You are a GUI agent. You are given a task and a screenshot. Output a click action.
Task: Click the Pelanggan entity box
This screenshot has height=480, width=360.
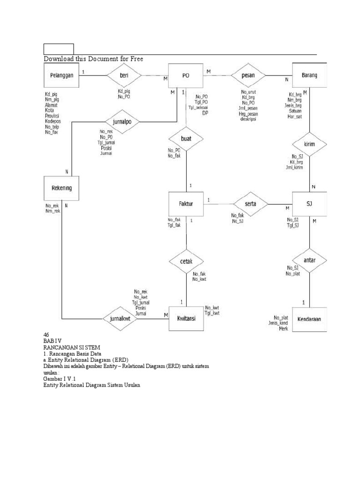[x=61, y=75]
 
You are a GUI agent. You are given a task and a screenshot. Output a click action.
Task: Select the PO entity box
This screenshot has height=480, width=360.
[x=186, y=75]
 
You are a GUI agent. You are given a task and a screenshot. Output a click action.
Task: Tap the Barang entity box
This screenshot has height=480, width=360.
[x=309, y=75]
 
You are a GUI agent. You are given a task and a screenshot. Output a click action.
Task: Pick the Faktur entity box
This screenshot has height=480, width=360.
[x=186, y=203]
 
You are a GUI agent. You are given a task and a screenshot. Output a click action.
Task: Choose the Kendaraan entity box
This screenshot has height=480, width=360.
[x=309, y=319]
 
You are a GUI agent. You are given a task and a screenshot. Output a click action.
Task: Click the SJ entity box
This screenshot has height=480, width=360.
[x=309, y=204]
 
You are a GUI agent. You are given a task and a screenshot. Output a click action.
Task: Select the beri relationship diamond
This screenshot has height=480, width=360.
[x=124, y=75]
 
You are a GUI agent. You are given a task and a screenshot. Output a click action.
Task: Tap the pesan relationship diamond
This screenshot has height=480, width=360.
[x=247, y=75]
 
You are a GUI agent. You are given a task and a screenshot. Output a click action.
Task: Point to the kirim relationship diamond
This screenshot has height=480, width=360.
[x=309, y=144]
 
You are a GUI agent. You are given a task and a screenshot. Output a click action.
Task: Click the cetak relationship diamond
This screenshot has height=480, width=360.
[x=186, y=261]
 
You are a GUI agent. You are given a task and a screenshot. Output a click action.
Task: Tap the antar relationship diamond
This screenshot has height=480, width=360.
[x=309, y=259]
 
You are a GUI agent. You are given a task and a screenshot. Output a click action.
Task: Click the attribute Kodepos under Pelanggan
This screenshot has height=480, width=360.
[x=53, y=121]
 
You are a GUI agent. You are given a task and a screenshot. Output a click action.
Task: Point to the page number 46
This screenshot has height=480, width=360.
[x=46, y=334]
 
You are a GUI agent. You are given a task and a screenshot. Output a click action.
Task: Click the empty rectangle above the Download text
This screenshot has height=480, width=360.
[x=59, y=49]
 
